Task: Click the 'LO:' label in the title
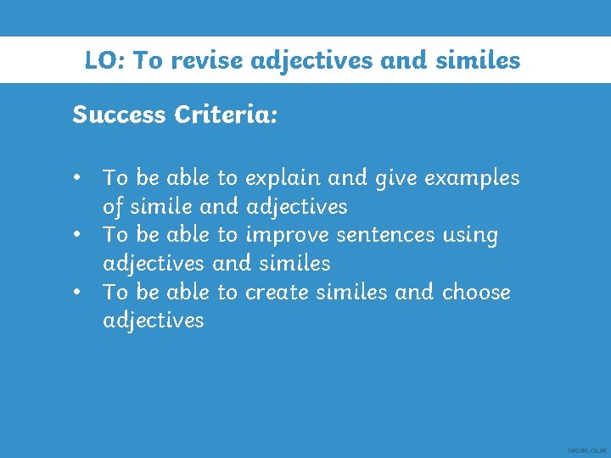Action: coord(104,61)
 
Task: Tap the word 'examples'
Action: coord(472,179)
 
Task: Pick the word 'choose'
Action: coord(477,292)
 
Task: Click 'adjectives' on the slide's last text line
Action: coord(154,321)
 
